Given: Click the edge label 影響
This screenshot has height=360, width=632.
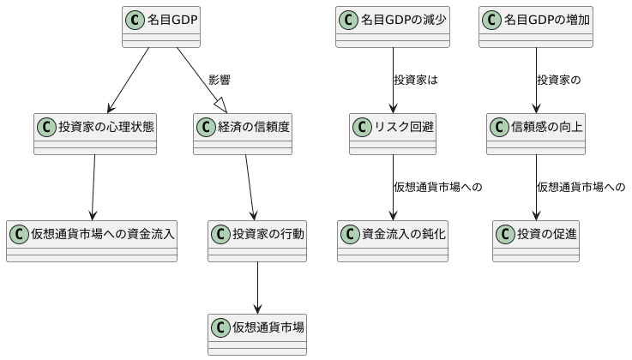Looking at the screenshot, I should click(x=219, y=81).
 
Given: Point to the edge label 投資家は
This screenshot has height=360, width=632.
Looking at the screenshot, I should click(x=416, y=81).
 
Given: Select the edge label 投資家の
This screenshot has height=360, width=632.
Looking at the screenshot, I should click(x=559, y=81).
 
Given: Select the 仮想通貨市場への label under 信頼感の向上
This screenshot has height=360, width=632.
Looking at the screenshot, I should click(x=581, y=187).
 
